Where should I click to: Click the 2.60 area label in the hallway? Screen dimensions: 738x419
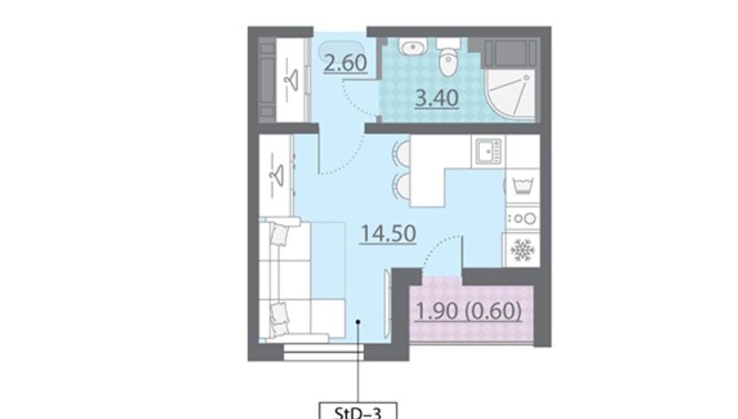345,63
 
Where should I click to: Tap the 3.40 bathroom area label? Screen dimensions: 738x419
437,98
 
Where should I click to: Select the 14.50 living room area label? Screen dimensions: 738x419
389,233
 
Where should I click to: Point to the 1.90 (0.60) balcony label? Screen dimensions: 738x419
469,311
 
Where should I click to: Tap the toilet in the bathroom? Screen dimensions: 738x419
449,58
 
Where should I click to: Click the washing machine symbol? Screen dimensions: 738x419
522,186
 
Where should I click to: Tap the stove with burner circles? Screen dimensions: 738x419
523,219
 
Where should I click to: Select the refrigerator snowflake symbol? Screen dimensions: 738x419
522,250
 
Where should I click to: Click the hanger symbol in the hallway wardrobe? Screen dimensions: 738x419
291,80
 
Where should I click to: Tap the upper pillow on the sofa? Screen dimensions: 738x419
280,234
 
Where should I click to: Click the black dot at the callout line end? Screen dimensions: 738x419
358,322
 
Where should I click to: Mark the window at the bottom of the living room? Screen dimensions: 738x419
323,352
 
